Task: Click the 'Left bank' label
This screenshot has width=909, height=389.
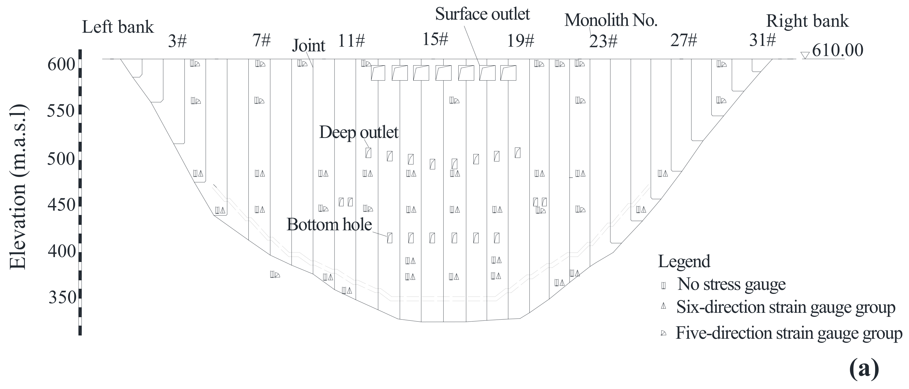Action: pos(118,27)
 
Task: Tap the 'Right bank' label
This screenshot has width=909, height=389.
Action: pos(807,21)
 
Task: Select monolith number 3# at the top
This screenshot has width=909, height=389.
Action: pos(177,41)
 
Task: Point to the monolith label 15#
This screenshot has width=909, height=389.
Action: pos(435,39)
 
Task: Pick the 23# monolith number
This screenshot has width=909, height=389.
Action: pos(603,42)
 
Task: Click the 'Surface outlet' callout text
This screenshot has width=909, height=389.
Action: pos(482,14)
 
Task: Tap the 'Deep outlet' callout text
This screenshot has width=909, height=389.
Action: pos(359,132)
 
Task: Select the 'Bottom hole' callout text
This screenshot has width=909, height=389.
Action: pos(329,225)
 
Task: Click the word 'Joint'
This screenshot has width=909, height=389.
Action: pos(308,46)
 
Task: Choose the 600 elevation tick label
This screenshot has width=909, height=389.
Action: pos(61,64)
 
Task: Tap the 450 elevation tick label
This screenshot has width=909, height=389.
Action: pos(61,205)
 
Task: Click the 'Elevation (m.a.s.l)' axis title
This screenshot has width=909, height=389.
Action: pos(18,187)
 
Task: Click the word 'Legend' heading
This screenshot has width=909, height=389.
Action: pos(684,262)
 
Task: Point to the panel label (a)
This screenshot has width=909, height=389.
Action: pos(863,369)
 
